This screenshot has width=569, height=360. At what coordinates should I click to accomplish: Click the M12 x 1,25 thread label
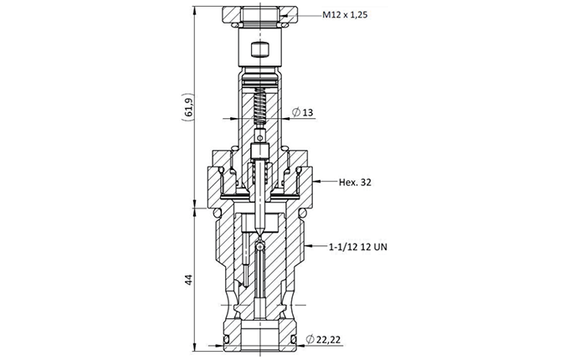(345, 15)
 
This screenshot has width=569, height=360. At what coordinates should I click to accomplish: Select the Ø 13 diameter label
(303, 112)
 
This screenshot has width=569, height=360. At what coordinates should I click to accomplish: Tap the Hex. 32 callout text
(355, 183)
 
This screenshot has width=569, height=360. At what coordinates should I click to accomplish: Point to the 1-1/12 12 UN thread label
(358, 247)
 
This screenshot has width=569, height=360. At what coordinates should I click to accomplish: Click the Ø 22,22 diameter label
(323, 340)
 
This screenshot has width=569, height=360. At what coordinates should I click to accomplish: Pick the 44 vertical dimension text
(188, 280)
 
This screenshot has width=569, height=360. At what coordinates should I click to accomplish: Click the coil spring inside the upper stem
(260, 107)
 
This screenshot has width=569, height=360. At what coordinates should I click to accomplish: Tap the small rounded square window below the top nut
(259, 49)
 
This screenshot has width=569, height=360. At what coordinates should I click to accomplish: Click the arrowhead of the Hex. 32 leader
(315, 181)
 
